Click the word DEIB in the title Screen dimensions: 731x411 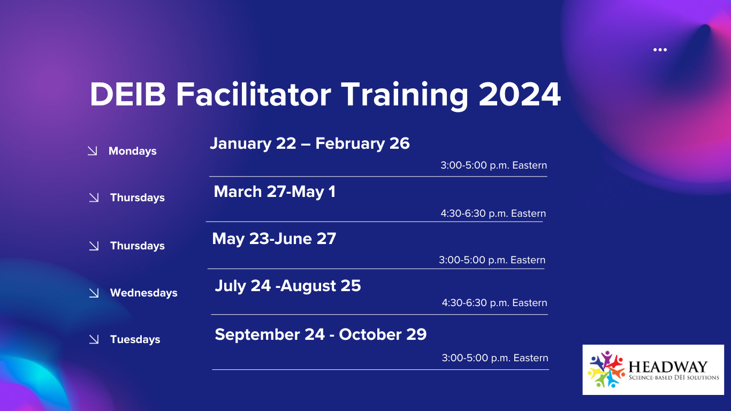click(127, 94)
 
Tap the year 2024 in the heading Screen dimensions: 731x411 click(520, 94)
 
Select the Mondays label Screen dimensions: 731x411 click(133, 151)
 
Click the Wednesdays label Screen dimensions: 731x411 click(143, 293)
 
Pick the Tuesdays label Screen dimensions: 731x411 click(135, 339)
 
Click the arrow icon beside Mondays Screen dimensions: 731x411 click(93, 151)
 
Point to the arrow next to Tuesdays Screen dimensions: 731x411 click(94, 339)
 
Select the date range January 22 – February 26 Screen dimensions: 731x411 click(309, 143)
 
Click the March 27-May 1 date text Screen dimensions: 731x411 click(275, 192)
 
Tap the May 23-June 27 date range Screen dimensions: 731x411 click(274, 239)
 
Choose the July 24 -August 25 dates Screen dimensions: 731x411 click(288, 286)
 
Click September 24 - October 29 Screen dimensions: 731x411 click(321, 334)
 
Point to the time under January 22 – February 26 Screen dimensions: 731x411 click(494, 165)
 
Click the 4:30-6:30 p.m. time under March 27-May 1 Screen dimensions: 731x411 click(493, 214)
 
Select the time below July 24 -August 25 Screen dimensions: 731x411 click(494, 303)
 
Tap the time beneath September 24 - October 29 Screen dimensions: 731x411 click(494, 358)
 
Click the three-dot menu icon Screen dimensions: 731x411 click(660, 50)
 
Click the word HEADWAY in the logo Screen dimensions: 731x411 click(668, 367)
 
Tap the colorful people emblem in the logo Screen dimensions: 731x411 click(606, 369)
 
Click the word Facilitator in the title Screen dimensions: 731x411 click(254, 94)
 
